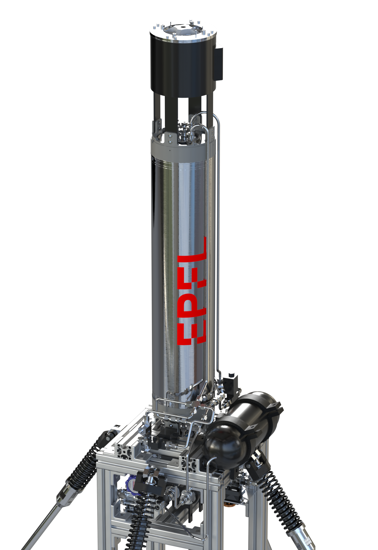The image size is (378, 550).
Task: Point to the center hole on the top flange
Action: point(183,27)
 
